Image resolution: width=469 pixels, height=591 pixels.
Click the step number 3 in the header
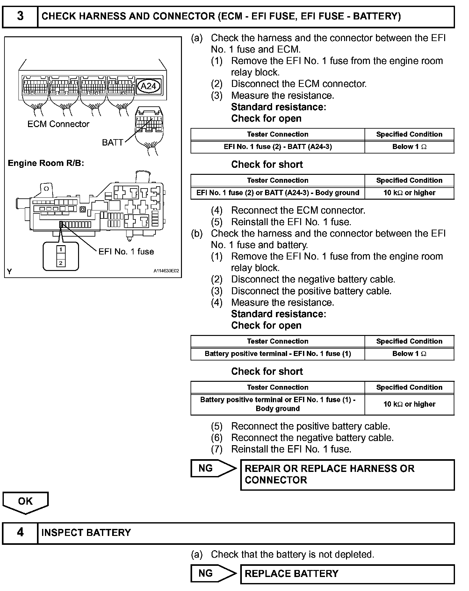click(20, 16)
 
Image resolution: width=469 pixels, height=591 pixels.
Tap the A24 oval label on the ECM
click(148, 86)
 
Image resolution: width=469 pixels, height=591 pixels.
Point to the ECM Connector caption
click(58, 124)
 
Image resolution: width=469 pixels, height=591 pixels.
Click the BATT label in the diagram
click(112, 142)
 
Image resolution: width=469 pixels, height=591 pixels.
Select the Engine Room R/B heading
click(46, 163)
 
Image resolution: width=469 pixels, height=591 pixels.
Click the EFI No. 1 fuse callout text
click(126, 252)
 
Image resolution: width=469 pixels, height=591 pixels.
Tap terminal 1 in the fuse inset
click(61, 250)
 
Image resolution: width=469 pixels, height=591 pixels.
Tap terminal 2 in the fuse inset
click(61, 263)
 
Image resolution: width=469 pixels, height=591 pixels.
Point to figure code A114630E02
click(166, 271)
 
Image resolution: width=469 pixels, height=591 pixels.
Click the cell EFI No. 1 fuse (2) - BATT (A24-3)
click(278, 147)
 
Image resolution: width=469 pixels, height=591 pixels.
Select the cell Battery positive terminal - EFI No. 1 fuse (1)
click(278, 354)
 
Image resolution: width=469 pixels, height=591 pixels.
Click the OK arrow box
click(25, 502)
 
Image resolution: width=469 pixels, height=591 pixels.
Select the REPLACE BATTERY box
click(347, 573)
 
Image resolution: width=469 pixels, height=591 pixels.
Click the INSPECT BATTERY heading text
click(86, 533)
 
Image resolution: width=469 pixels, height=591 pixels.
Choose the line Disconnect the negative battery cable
click(313, 279)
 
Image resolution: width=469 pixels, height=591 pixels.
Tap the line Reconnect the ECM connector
click(298, 210)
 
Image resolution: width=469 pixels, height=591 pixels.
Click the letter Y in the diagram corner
click(10, 272)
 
